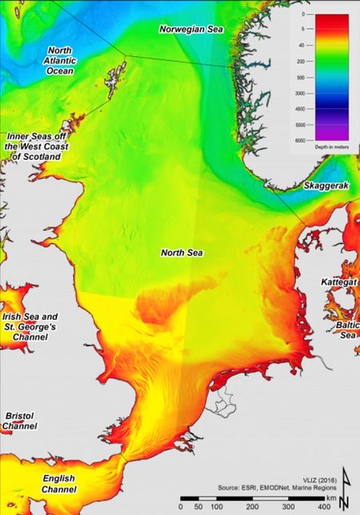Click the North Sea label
click(182, 252)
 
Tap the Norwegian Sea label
click(190, 29)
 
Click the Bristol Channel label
click(19, 421)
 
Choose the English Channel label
click(60, 483)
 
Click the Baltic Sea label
click(346, 330)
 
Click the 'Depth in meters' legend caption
click(323, 149)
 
